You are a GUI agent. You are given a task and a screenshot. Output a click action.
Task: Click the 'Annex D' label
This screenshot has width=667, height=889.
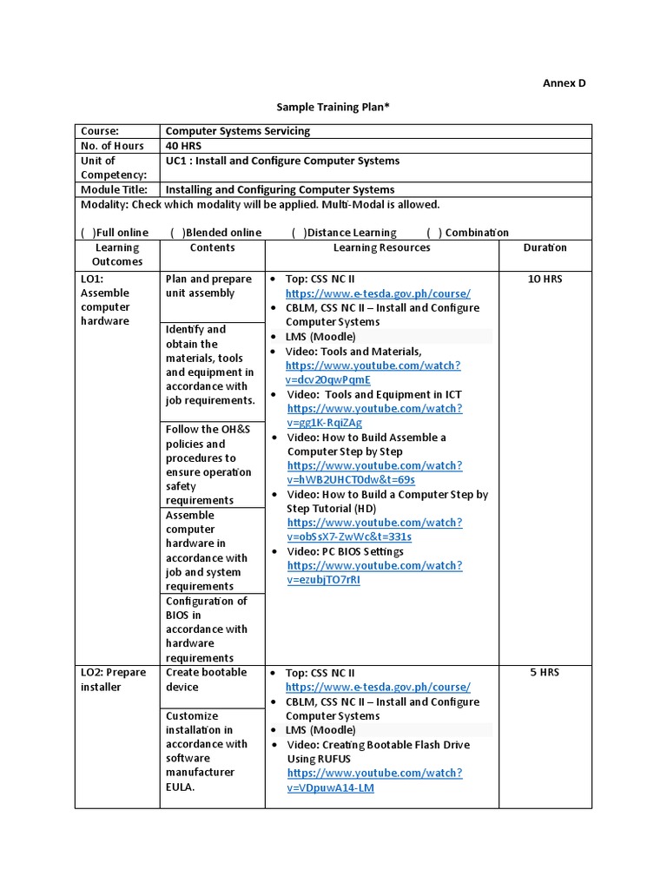pos(564,83)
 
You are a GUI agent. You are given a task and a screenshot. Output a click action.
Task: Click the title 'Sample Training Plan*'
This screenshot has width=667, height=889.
pos(333,107)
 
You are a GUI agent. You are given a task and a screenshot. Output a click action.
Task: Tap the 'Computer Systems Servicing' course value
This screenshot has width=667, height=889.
pos(237,131)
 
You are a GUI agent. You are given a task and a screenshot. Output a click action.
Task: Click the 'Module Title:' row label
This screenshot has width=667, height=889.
pos(114,189)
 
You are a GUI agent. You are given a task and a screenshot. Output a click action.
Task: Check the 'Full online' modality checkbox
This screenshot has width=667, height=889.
pos(88,233)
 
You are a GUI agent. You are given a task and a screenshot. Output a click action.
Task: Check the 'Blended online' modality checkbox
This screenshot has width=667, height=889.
pos(177,233)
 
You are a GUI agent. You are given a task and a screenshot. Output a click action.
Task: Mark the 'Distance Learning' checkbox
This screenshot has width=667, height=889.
pos(299,233)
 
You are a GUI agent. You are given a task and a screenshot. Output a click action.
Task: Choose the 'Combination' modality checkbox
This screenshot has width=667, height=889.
pos(434,233)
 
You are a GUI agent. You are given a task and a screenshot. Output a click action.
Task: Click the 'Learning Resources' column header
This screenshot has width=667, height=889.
pos(381,247)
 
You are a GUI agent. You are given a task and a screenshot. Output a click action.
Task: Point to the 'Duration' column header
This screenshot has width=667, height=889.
pos(545,247)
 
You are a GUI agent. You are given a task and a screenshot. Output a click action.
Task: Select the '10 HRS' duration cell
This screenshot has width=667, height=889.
pos(545,280)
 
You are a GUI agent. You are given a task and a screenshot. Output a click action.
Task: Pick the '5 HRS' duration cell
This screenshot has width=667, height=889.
pos(545,673)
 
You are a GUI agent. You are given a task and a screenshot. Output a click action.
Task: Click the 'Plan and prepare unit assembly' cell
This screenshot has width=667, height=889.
pos(208,286)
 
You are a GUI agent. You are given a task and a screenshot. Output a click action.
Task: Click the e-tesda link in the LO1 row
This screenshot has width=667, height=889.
pos(378,293)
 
